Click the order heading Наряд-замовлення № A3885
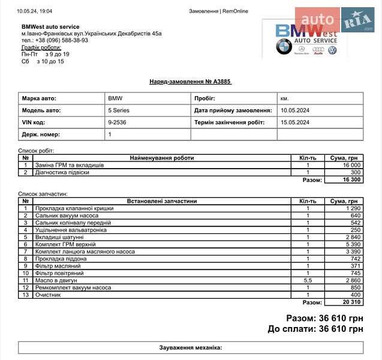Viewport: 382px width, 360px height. tap(190, 82)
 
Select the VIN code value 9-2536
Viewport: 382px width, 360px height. tap(117, 122)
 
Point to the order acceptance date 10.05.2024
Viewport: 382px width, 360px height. tap(295, 110)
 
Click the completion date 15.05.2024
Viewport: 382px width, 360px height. tap(295, 122)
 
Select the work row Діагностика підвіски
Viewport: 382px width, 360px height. tap(62, 172)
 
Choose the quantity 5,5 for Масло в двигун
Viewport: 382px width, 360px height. tap(308, 280)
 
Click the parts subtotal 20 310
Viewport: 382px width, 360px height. tap(351, 302)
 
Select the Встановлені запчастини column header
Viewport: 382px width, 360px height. tap(162, 201)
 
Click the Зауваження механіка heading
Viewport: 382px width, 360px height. tap(191, 347)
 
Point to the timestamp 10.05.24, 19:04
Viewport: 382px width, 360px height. tap(35, 11)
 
